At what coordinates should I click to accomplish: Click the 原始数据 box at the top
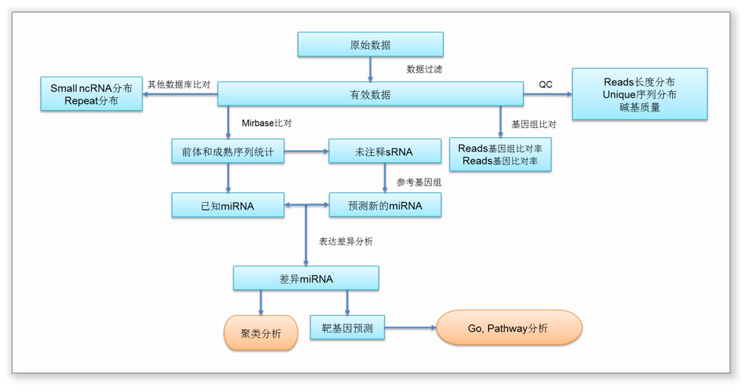click(370, 44)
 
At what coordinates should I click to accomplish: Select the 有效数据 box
click(370, 94)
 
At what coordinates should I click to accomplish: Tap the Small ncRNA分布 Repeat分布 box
click(91, 94)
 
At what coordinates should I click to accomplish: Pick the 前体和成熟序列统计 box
click(228, 152)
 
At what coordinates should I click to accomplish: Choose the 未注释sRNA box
click(384, 152)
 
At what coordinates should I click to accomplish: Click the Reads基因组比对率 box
click(500, 155)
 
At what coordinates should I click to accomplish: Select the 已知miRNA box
click(228, 205)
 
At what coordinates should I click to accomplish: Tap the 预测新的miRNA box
click(384, 205)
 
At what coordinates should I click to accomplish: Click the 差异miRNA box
click(305, 278)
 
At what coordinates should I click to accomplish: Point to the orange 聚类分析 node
click(261, 333)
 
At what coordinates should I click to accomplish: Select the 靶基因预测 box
click(347, 328)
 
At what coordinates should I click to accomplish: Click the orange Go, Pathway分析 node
click(509, 328)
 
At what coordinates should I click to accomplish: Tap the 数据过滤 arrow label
click(425, 69)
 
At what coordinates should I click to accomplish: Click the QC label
click(546, 84)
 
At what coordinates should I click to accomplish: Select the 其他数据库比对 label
click(179, 84)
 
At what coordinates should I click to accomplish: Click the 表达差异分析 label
click(341, 241)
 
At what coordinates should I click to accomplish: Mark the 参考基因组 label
click(419, 182)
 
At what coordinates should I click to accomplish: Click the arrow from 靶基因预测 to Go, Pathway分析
click(411, 328)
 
